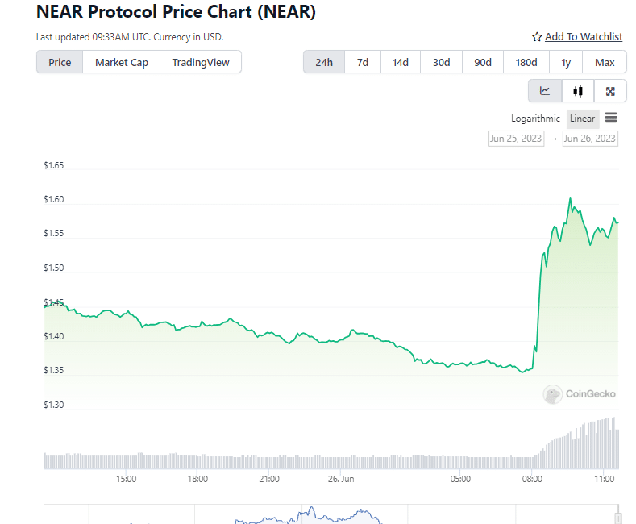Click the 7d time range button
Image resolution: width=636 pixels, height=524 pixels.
tap(363, 62)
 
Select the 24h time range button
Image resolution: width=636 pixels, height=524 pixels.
tap(324, 62)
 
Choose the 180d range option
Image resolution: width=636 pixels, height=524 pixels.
tap(526, 62)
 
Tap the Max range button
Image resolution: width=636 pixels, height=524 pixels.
tap(605, 62)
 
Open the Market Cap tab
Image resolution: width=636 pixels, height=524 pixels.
tap(122, 62)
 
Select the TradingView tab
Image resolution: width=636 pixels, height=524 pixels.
tap(201, 62)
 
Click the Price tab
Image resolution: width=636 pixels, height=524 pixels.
tap(60, 62)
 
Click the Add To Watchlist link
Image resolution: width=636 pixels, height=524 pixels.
tap(577, 36)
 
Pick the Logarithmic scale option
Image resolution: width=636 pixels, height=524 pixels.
tap(535, 119)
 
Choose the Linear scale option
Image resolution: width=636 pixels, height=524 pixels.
tap(582, 119)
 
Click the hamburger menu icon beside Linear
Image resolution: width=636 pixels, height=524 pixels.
tap(611, 118)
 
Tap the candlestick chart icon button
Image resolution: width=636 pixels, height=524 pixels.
tap(578, 91)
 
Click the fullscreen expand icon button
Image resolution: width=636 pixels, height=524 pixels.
tap(610, 91)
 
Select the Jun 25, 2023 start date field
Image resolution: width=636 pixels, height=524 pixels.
tap(516, 139)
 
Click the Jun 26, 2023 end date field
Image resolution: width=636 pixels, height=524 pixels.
tap(590, 139)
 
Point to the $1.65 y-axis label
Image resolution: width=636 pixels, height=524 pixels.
tap(54, 166)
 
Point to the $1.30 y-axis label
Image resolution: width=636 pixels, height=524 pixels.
tap(54, 405)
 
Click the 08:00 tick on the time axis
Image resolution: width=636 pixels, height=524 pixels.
tap(532, 479)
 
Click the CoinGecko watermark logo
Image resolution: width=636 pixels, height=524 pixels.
tap(580, 394)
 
